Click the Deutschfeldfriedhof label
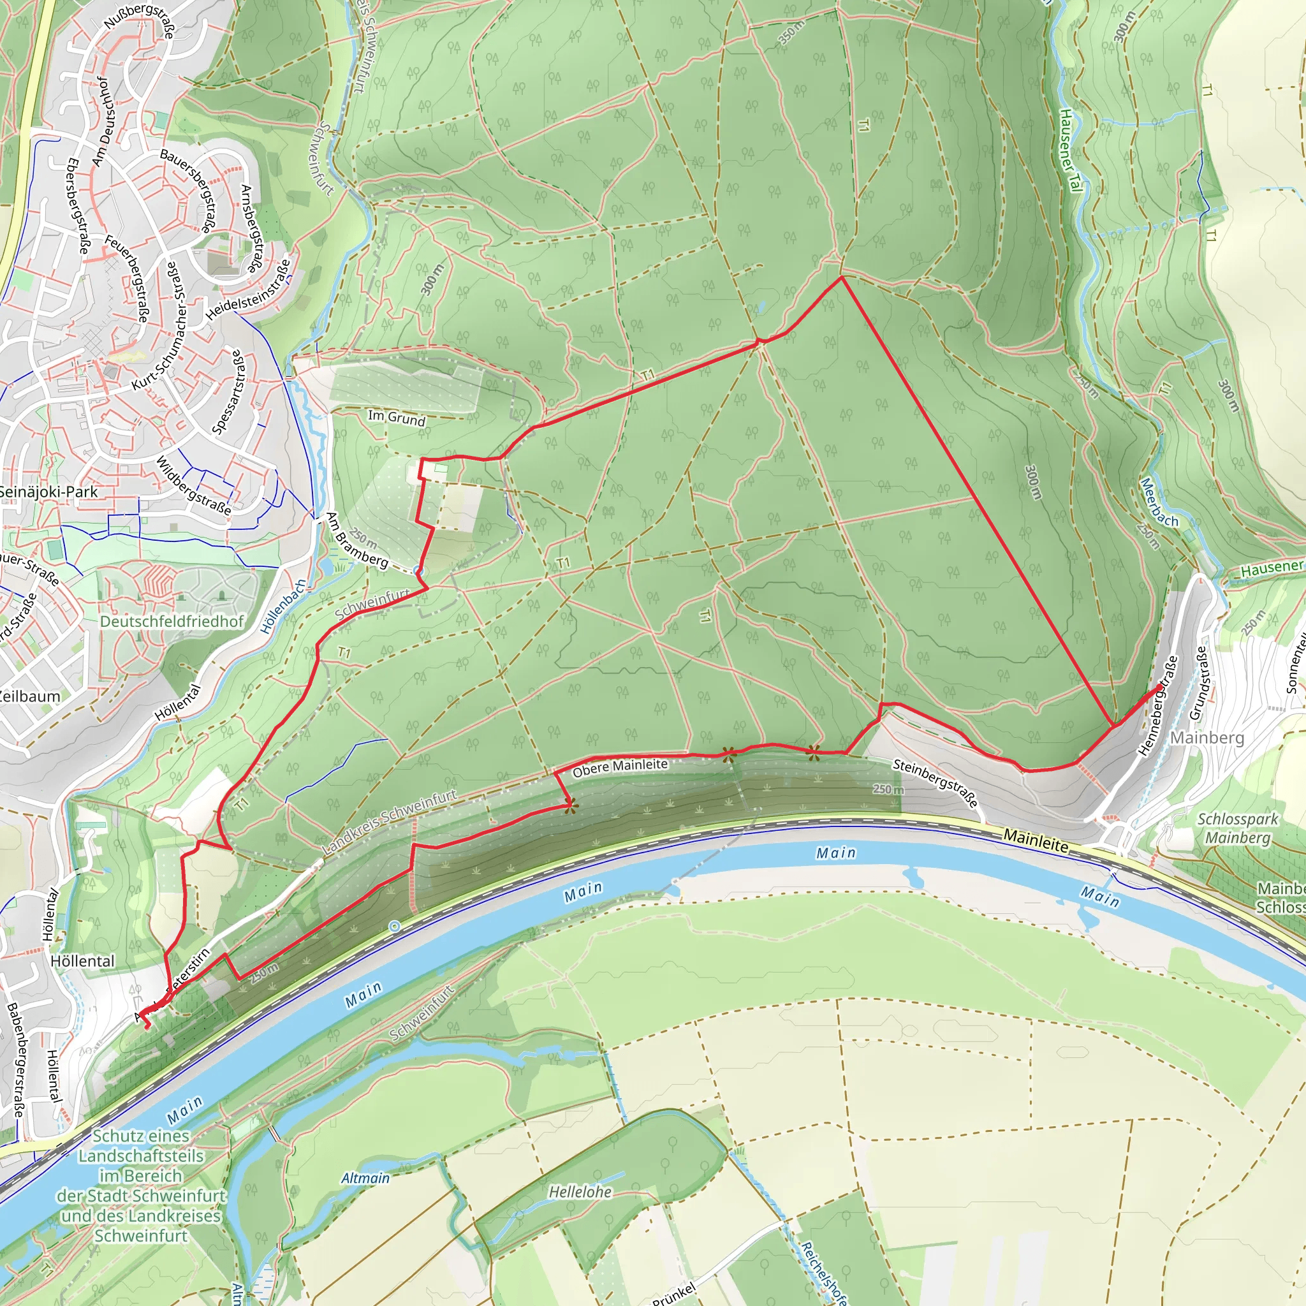(x=172, y=621)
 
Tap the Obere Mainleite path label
(x=620, y=768)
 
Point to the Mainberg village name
(x=1207, y=738)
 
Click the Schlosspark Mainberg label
(x=1238, y=828)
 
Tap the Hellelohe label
(x=580, y=1192)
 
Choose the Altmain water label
(x=365, y=1178)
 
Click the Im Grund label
(x=397, y=418)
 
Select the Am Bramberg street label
(x=357, y=540)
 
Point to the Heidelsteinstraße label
(x=249, y=290)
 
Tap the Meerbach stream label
(x=1159, y=503)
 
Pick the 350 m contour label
(x=791, y=33)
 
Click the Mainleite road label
(x=1036, y=840)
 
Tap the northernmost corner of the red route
(x=842, y=277)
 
